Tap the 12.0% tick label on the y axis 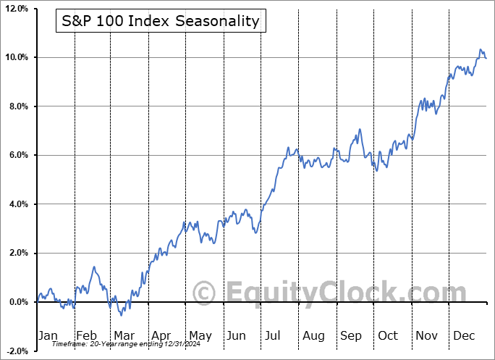16,9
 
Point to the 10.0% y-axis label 16,57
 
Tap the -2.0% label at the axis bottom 16,351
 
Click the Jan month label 47,335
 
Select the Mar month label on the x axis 123,335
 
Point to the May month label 200,335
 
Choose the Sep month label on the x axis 351,335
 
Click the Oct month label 389,335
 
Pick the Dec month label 465,335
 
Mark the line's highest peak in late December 480,49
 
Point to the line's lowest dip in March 121,315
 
